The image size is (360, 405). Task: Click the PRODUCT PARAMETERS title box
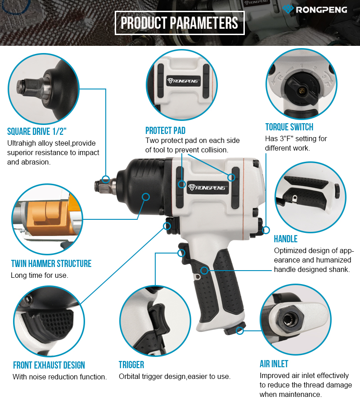(180, 23)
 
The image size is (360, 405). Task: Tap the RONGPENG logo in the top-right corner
(315, 9)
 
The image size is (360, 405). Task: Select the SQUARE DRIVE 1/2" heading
(37, 131)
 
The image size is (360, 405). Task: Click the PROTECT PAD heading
(165, 130)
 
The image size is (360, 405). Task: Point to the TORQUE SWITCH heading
(289, 127)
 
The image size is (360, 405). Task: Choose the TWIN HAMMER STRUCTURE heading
(51, 263)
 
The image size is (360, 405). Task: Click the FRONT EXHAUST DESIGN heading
(49, 365)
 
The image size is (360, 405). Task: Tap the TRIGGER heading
(131, 365)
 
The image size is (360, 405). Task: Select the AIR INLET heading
(274, 364)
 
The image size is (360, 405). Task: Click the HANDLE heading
(285, 239)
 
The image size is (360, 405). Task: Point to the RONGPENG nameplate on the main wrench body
(208, 187)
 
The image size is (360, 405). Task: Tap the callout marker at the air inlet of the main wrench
(240, 330)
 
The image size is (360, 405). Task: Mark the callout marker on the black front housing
(146, 197)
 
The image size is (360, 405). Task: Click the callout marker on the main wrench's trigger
(181, 253)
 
